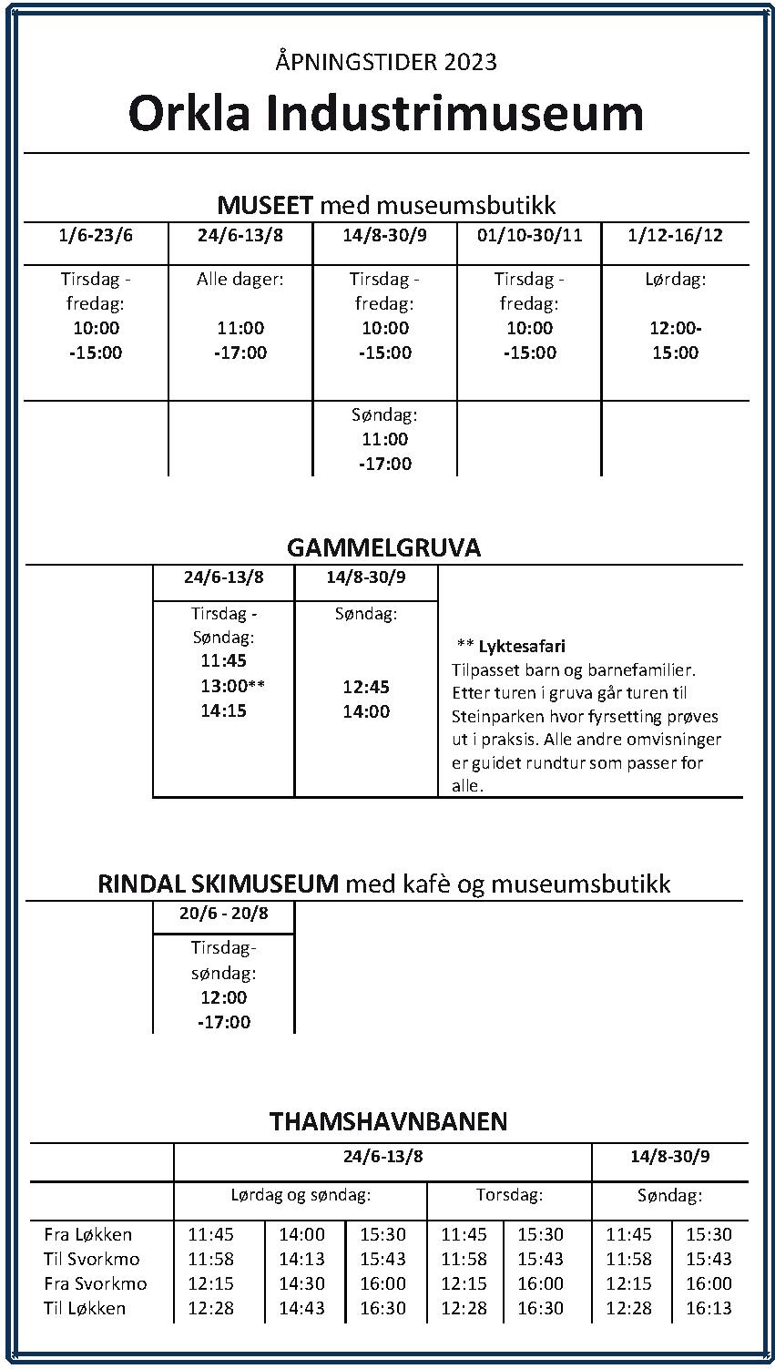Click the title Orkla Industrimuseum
386,113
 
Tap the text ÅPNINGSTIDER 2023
386,62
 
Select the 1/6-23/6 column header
96,235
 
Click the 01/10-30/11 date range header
529,235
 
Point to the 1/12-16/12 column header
675,235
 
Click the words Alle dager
240,280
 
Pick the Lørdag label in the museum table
675,280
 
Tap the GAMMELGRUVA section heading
383,547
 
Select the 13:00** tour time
232,686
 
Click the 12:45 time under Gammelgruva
366,687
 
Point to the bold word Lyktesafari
522,647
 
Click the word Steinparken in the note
493,717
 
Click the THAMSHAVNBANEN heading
388,1121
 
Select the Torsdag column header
509,1195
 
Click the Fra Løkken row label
88,1235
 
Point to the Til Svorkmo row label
92,1260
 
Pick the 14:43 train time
301,1309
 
